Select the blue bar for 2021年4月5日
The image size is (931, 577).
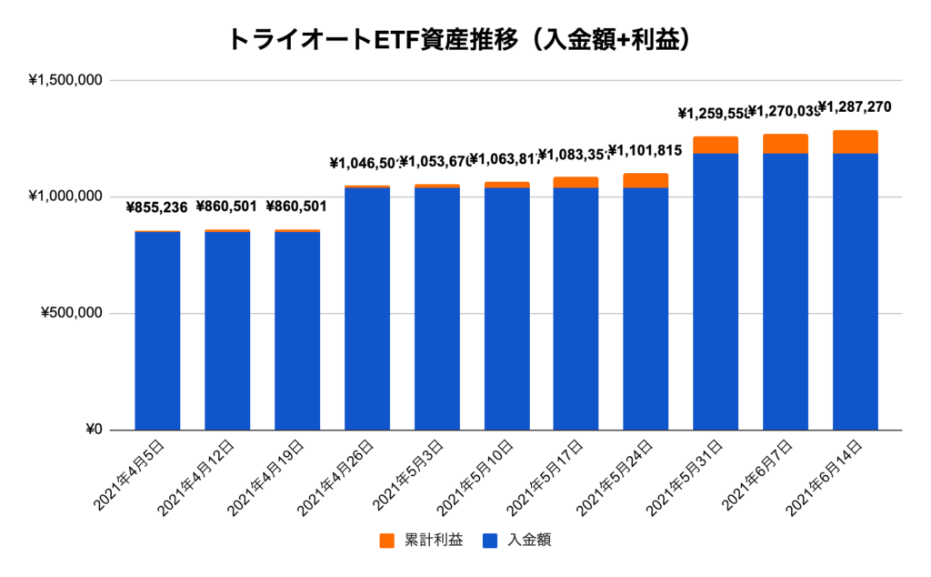(157, 331)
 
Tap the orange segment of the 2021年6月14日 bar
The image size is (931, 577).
(855, 142)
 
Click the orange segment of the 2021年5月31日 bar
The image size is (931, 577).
(716, 145)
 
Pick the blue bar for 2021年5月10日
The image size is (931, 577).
(506, 309)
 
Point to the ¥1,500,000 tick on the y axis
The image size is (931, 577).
(65, 80)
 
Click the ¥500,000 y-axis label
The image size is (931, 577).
(72, 314)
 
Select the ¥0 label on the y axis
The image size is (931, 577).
(91, 430)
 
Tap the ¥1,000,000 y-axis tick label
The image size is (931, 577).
(65, 197)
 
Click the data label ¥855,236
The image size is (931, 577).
(156, 208)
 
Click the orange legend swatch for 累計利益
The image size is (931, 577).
(386, 541)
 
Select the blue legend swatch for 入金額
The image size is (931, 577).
(487, 541)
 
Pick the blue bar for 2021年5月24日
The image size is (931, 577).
(646, 309)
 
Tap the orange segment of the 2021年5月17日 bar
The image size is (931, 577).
(576, 182)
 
